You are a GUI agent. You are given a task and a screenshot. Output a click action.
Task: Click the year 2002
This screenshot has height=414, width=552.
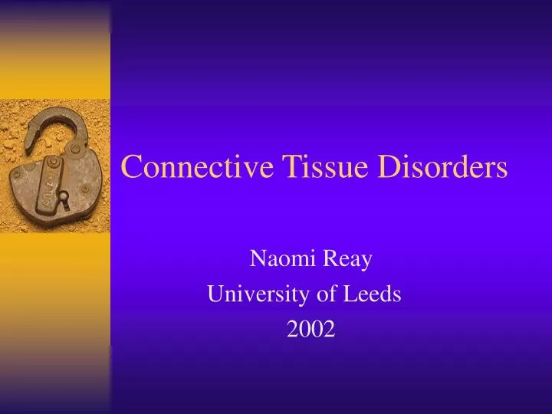click(311, 330)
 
